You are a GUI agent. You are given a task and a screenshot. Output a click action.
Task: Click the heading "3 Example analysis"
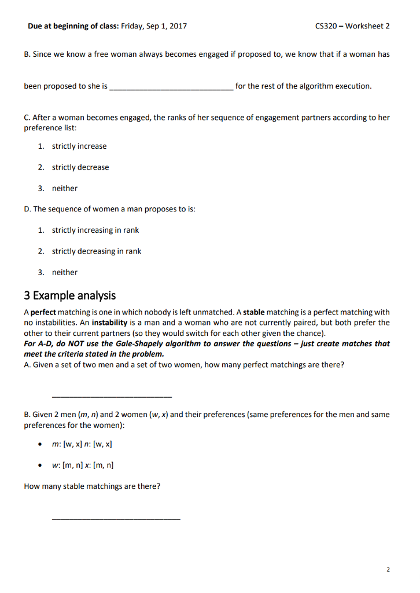[x=69, y=295]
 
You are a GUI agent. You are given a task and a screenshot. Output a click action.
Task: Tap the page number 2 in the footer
[x=388, y=570]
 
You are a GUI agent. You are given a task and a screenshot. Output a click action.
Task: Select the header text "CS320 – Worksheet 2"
[x=352, y=26]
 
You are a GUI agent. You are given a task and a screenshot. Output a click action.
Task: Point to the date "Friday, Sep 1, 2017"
[x=154, y=26]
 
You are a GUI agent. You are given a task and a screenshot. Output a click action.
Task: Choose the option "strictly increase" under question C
[x=79, y=147]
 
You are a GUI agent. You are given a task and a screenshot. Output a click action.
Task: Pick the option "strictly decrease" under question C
[x=80, y=167]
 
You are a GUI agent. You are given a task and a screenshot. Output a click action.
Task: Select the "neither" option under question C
[x=65, y=188]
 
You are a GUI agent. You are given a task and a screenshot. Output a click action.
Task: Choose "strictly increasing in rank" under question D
[x=95, y=230]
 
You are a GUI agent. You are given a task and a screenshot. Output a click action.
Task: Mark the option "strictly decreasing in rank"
[x=97, y=251]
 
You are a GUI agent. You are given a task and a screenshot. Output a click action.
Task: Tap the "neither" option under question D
[x=65, y=272]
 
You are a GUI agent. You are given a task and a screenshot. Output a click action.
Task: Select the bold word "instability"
[x=109, y=323]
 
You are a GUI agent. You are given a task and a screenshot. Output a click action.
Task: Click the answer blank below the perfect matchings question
[x=112, y=396]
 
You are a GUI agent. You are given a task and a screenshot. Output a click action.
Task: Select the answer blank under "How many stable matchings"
[x=116, y=517]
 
